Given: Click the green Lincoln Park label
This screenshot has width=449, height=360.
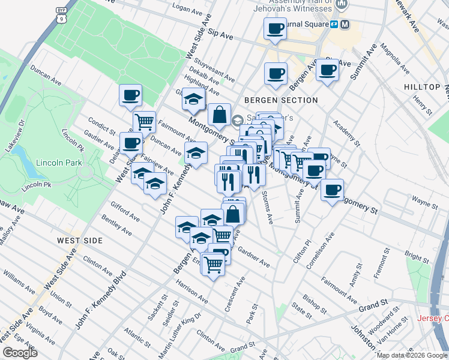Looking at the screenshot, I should pyautogui.click(x=59, y=163).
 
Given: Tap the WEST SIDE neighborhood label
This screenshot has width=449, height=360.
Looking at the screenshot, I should pyautogui.click(x=80, y=240).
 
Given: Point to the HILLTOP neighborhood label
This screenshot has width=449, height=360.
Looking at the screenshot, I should pyautogui.click(x=422, y=87).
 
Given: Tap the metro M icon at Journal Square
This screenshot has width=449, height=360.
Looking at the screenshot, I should pyautogui.click(x=345, y=24).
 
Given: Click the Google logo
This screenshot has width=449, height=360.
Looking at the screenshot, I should pyautogui.click(x=20, y=353).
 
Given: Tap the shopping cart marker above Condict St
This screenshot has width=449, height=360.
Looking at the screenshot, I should pyautogui.click(x=144, y=122).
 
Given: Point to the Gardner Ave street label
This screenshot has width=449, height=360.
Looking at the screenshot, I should pyautogui.click(x=253, y=256).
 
